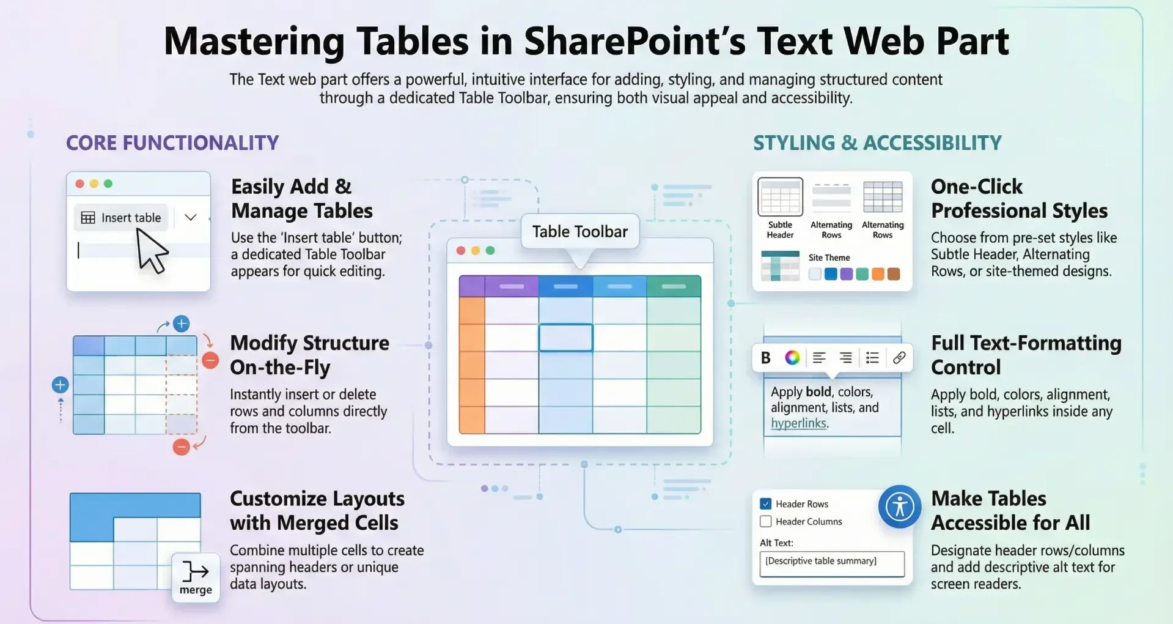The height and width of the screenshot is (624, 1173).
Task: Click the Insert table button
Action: point(121,218)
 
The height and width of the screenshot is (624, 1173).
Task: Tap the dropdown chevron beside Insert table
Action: point(190,217)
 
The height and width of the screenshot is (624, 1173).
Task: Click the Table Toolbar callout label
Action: point(579,231)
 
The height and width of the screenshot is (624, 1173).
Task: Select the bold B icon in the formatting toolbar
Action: point(765,358)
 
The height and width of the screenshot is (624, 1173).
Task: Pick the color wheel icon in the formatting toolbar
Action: point(792,357)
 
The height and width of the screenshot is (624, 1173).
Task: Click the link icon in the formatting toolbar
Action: point(899,357)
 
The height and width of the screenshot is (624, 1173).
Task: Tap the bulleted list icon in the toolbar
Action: point(872,357)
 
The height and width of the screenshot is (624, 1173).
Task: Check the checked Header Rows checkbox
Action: point(765,503)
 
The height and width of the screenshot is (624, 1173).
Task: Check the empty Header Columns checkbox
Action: point(765,521)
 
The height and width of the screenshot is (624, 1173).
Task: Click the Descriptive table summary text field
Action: point(832,563)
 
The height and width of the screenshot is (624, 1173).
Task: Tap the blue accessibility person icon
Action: point(900,507)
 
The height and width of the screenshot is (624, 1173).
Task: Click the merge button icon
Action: point(196,578)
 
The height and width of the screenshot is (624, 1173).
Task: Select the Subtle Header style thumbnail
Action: point(780,197)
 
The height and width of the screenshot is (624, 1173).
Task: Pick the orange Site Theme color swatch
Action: point(878,274)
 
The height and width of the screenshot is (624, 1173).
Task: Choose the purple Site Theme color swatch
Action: point(846,274)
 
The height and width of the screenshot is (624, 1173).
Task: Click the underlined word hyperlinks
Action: point(799,423)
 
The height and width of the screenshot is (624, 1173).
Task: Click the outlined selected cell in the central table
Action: point(565,338)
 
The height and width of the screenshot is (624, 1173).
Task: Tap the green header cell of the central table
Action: point(674,286)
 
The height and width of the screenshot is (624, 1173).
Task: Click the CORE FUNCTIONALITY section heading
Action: point(172,143)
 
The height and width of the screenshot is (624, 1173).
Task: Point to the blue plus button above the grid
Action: point(182,324)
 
